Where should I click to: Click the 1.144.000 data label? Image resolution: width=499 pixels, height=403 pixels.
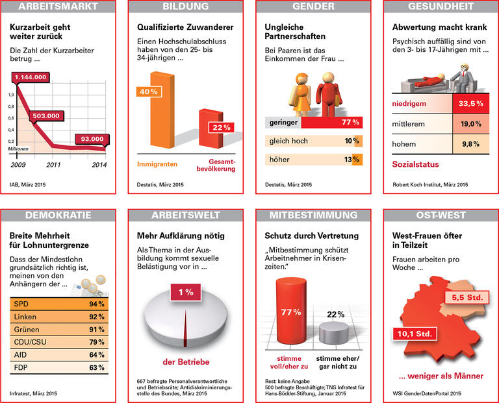pyautogui.click(x=31, y=77)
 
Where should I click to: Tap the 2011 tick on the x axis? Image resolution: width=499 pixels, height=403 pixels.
pyautogui.click(x=53, y=165)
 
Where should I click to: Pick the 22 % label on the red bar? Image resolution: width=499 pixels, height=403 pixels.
pyautogui.click(x=219, y=127)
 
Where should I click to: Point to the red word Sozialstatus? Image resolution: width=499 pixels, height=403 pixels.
pyautogui.click(x=416, y=165)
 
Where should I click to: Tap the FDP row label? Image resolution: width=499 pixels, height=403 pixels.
pyautogui.click(x=21, y=368)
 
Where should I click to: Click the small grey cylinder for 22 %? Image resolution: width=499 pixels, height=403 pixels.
pyautogui.click(x=335, y=332)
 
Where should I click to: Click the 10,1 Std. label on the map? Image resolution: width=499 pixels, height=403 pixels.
pyautogui.click(x=415, y=334)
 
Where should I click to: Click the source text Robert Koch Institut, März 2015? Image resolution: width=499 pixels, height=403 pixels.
pyautogui.click(x=430, y=185)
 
